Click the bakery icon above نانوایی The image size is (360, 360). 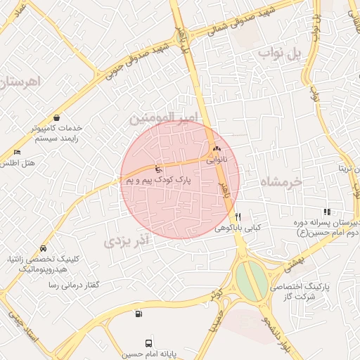pyautogui.click(x=216, y=149)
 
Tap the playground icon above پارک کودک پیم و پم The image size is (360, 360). pyautogui.click(x=158, y=169)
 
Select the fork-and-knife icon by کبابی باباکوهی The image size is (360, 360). pyautogui.click(x=238, y=217)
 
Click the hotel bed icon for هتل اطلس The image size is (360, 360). pyautogui.click(x=17, y=153)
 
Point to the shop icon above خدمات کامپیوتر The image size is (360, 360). pyautogui.click(x=56, y=117)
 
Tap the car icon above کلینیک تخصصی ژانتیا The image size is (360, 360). pyautogui.click(x=44, y=248)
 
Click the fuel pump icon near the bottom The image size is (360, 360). pyautogui.click(x=139, y=314)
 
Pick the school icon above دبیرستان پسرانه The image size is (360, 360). pyautogui.click(x=326, y=212)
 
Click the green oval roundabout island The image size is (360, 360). pyautogui.click(x=251, y=279)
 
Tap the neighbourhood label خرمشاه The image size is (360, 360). pyautogui.click(x=281, y=181)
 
